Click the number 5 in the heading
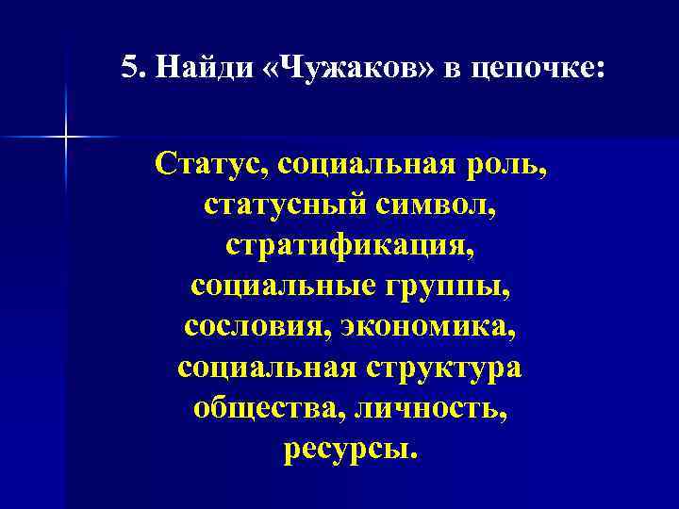(x=130, y=69)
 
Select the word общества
(x=252, y=407)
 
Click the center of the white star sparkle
(x=67, y=138)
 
